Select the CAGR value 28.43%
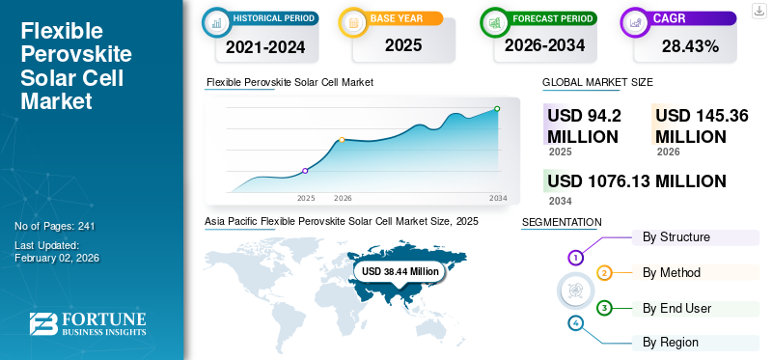point(689,45)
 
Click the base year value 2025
point(396,45)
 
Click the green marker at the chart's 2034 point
point(497,109)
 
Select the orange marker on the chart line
point(342,140)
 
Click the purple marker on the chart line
point(305,171)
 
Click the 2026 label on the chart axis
point(343,198)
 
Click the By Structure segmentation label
point(675,237)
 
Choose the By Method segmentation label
point(672,273)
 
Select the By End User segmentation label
point(676,308)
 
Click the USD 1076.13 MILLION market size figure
point(636,181)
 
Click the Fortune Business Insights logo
point(87,324)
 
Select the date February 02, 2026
point(57,258)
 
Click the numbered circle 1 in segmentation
point(575,258)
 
